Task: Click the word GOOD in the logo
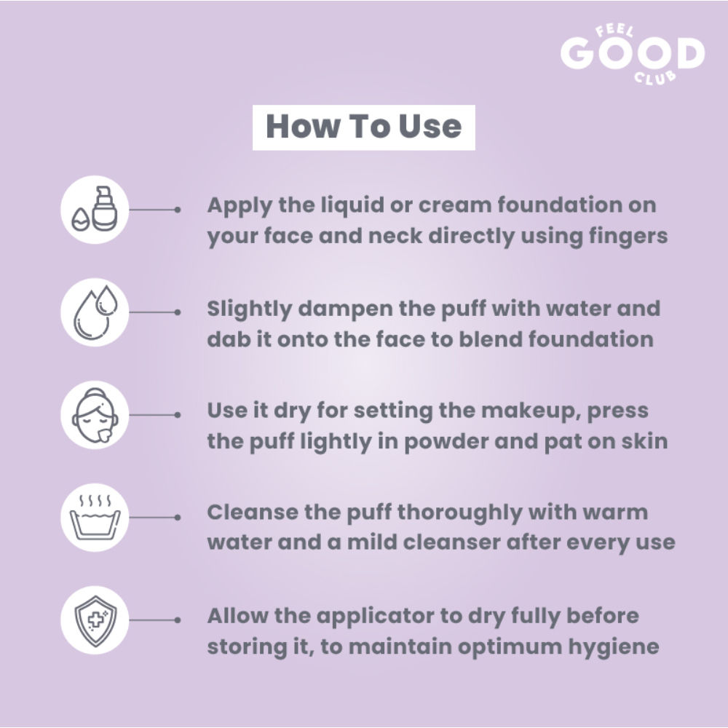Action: tap(633, 53)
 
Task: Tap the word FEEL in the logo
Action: tap(614, 31)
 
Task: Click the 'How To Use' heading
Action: tap(363, 127)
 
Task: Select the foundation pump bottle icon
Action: tap(95, 210)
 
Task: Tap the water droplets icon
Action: tap(95, 312)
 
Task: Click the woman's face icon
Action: tap(95, 415)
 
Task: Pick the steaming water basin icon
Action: tap(95, 517)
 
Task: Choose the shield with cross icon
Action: tap(95, 620)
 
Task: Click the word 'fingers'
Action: tap(628, 237)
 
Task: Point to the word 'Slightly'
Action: tap(249, 309)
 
